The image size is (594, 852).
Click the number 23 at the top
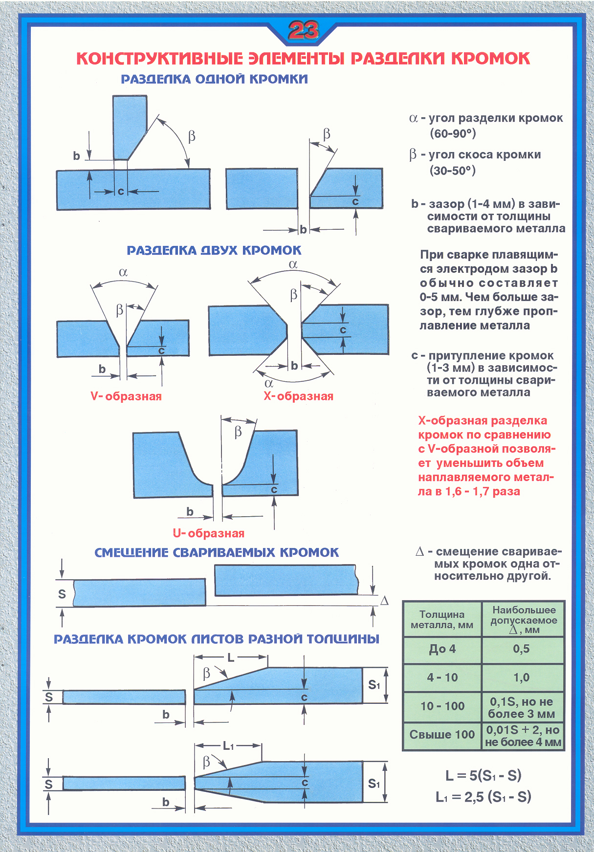[303, 31]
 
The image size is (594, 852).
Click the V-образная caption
[126, 396]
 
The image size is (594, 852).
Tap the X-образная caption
[298, 396]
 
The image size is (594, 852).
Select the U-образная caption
[209, 533]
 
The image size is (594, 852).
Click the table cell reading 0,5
[521, 649]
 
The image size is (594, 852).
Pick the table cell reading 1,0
[521, 677]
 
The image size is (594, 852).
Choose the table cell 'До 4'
[442, 649]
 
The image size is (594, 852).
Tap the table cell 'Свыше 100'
[442, 735]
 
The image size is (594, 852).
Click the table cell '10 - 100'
[442, 706]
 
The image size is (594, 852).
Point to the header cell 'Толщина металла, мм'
[442, 619]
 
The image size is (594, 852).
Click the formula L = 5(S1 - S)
[484, 776]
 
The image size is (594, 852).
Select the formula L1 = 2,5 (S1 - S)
[484, 797]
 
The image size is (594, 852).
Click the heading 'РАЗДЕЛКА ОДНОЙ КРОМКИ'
[214, 79]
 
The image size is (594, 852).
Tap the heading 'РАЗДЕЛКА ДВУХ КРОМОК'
[214, 250]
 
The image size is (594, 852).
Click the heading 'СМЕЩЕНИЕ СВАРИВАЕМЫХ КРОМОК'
[217, 553]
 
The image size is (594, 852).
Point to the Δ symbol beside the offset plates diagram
[384, 601]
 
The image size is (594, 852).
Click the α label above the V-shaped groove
[123, 273]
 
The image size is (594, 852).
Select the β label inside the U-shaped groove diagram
[238, 432]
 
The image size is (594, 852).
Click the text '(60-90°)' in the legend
[453, 133]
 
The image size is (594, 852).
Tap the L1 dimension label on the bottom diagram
[228, 746]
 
